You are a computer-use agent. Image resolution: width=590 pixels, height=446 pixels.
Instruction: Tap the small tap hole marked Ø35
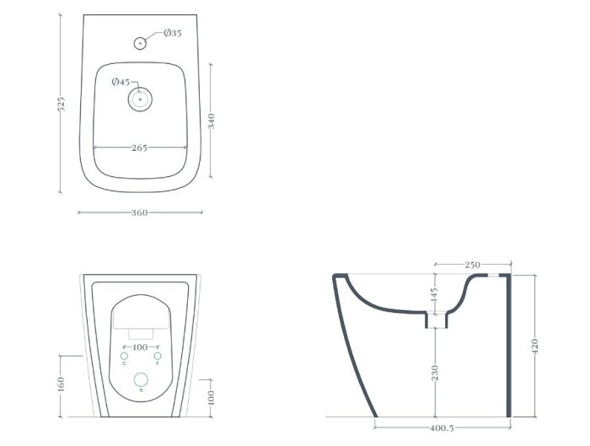coord(140,42)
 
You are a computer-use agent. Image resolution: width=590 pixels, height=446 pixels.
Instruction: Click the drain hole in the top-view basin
coord(140,100)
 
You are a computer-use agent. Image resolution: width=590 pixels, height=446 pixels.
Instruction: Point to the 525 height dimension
coord(61,105)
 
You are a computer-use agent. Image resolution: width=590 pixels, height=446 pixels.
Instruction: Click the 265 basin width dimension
coord(140,148)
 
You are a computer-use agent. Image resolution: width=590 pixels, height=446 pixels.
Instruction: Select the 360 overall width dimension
coord(140,212)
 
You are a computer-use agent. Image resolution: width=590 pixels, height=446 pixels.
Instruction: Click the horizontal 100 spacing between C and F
coord(140,347)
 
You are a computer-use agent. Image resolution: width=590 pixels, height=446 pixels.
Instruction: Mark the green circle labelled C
coord(125,354)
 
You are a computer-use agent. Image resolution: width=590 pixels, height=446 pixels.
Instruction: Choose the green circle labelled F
coord(157,354)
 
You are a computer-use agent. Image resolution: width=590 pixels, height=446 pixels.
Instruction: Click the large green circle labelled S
coord(141,380)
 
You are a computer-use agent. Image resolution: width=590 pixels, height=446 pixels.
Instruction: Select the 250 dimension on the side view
coord(472,265)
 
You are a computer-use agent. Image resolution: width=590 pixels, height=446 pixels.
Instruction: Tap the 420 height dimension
coord(534,345)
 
